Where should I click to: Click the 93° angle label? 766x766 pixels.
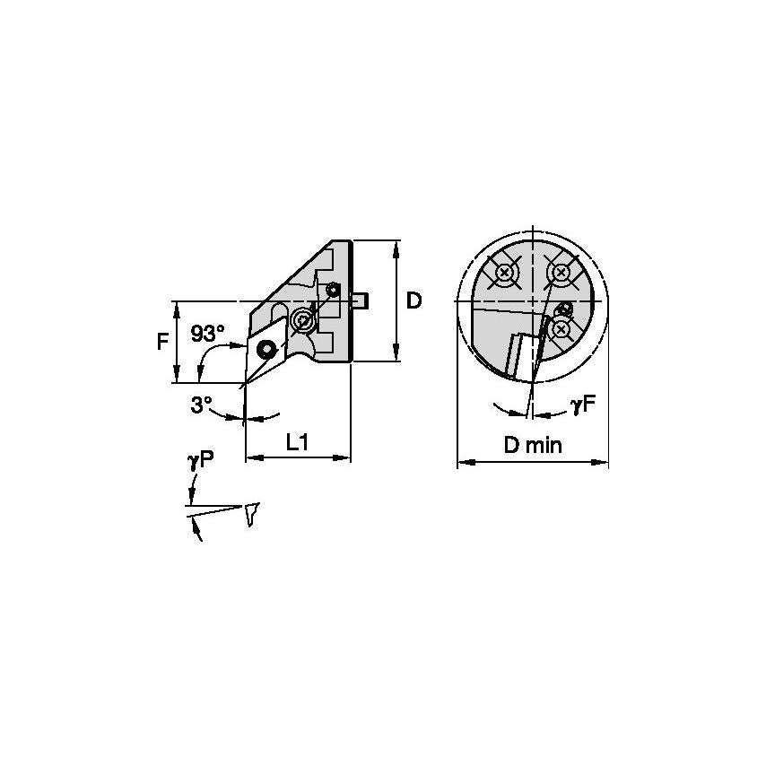point(208,334)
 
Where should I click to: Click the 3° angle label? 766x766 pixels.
point(201,405)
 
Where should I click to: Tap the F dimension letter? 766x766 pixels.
point(162,342)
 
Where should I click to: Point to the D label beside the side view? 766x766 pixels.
point(413,300)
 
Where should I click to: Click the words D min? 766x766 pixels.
point(533,446)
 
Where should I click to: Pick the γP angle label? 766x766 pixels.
point(200,461)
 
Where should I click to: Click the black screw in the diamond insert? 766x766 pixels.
point(266,348)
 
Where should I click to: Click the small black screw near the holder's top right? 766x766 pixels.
point(334,289)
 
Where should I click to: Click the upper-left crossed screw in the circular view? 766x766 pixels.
point(506,272)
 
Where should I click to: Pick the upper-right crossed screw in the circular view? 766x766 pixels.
point(561,272)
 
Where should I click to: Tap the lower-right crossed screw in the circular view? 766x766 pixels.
point(561,329)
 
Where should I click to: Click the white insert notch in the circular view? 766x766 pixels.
point(519,356)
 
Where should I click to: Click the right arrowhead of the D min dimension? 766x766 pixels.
point(605,464)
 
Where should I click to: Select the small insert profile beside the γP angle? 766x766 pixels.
point(252,513)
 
